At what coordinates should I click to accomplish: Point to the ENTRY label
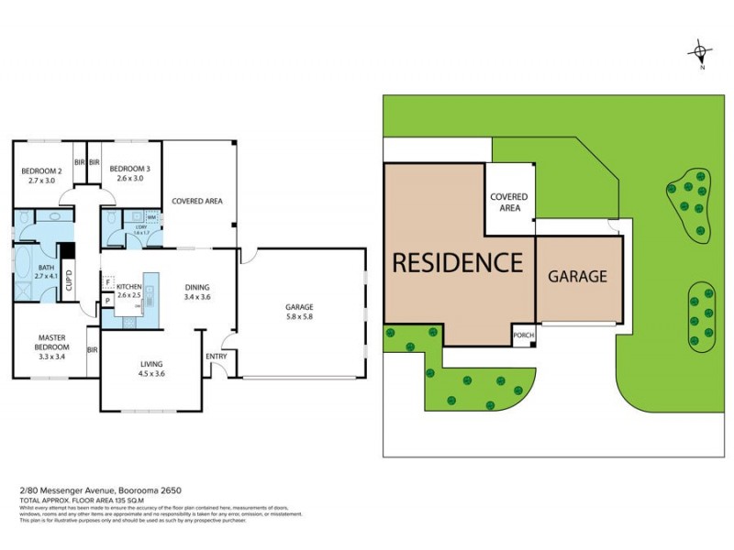217,357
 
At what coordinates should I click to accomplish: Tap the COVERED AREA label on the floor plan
197,201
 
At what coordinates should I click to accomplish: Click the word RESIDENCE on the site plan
458,262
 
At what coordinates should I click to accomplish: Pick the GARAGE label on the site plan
577,276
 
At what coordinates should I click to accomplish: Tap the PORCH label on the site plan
523,336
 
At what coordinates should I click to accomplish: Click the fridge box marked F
108,283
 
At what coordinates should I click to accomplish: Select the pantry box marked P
108,300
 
